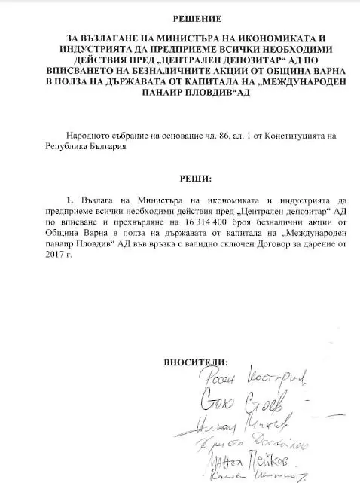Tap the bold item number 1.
coord(70,202)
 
